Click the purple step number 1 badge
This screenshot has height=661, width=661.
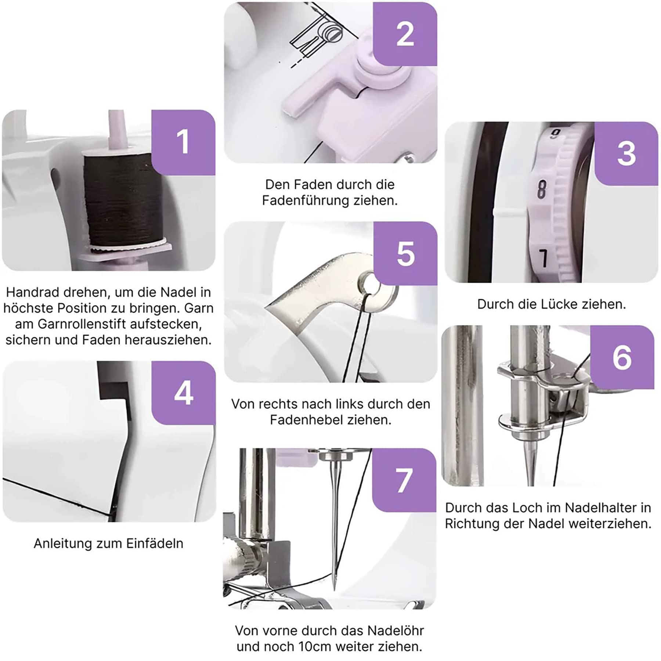pos(183,142)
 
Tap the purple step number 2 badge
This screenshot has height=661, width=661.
pos(405,34)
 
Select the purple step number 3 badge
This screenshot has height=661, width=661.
pos(626,153)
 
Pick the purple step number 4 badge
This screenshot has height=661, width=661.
pos(184,393)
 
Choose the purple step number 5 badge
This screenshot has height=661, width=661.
pos(405,253)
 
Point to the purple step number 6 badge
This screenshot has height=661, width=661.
pos(622,357)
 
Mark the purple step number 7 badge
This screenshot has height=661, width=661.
pos(404,480)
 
